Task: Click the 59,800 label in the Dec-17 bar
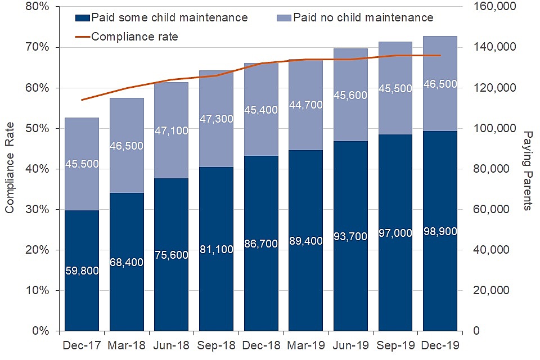pyautogui.click(x=82, y=271)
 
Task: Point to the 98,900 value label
pyautogui.click(x=440, y=231)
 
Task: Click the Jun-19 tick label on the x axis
pyautogui.click(x=350, y=345)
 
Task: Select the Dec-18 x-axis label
pyautogui.click(x=261, y=345)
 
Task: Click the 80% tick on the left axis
pyautogui.click(x=37, y=7)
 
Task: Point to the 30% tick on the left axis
pyautogui.click(x=37, y=209)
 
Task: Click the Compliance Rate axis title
pyautogui.click(x=10, y=169)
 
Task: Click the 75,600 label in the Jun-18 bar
pyautogui.click(x=172, y=254)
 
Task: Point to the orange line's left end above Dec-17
pyautogui.click(x=82, y=100)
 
